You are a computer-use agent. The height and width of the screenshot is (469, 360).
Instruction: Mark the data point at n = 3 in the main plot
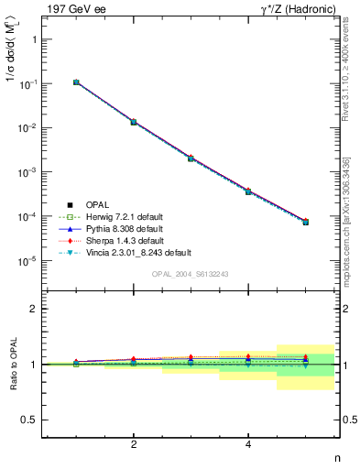191,158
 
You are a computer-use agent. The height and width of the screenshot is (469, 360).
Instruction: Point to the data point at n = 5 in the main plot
305,222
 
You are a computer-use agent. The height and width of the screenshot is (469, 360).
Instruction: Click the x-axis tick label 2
134,444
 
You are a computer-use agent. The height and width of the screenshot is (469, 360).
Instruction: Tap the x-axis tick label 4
248,444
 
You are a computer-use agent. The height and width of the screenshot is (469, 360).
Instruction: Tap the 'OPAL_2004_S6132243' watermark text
190,275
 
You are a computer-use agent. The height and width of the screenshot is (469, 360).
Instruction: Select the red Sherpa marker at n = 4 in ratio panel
248,356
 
